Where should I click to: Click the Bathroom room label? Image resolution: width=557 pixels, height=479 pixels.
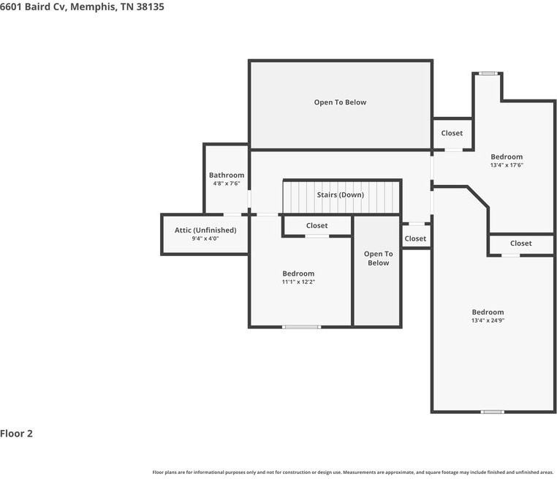click(227, 176)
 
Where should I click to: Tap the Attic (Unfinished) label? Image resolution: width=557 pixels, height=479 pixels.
click(205, 230)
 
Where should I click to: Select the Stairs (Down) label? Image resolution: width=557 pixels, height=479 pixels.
click(341, 195)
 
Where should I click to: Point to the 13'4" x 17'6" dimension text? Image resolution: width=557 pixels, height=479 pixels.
click(507, 165)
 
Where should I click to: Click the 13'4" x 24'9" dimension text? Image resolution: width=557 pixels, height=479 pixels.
click(488, 320)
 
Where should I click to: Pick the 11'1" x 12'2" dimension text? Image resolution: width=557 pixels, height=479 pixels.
click(298, 282)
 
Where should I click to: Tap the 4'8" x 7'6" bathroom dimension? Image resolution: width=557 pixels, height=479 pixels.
click(227, 184)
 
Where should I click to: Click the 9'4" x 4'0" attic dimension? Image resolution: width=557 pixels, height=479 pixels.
click(205, 238)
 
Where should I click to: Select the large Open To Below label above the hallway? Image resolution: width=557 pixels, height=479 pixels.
click(340, 102)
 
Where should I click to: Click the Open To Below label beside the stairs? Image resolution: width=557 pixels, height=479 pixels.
click(379, 258)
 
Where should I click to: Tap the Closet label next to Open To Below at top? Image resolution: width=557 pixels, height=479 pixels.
click(452, 133)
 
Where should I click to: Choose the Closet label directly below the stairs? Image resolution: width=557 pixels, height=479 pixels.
click(317, 226)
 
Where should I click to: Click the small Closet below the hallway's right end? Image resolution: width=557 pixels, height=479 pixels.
click(415, 239)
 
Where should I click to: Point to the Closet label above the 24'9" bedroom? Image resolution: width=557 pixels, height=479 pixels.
click(520, 244)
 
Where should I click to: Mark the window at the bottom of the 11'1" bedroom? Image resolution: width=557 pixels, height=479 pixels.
click(302, 327)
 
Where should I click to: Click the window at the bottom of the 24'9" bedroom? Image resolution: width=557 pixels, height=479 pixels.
click(493, 412)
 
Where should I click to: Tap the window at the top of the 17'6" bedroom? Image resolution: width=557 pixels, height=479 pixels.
click(488, 74)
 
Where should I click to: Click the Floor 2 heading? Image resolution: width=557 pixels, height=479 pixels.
click(16, 434)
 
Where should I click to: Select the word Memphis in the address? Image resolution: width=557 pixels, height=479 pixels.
click(94, 7)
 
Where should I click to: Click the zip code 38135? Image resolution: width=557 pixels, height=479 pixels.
click(151, 7)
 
